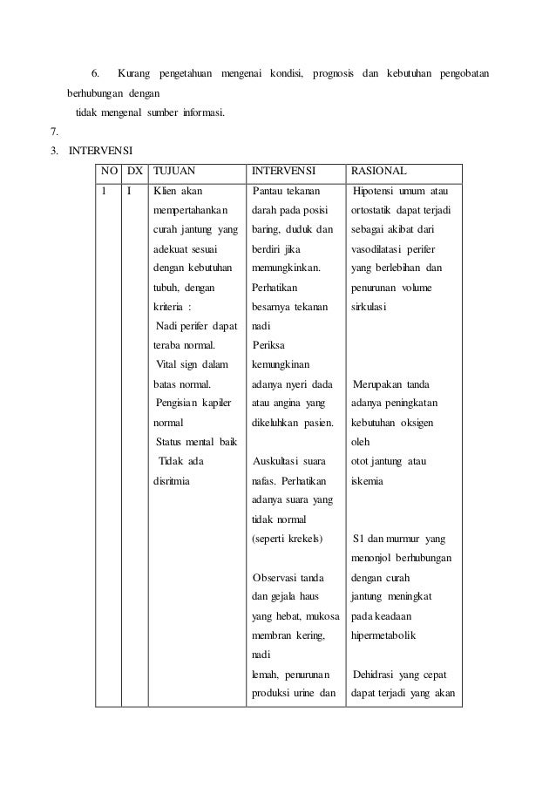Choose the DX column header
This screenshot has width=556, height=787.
coord(134,170)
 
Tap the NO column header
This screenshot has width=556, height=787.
coord(110,170)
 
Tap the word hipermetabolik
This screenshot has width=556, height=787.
coord(383,635)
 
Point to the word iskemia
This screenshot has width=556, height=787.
coord(367,480)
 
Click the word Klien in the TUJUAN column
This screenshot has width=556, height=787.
coord(166,191)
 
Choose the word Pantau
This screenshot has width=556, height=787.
coord(269,191)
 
